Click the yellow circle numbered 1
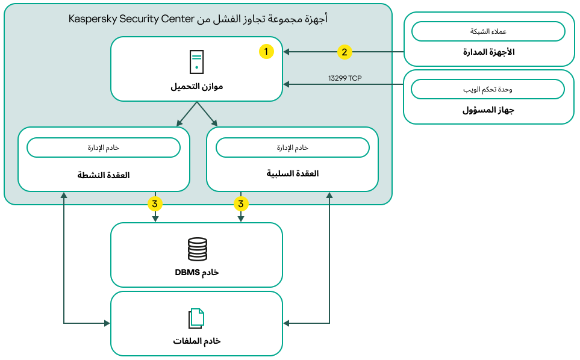266,52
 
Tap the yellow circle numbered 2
344,52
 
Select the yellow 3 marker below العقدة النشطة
155,204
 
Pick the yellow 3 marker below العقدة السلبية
241,204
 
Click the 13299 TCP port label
345,78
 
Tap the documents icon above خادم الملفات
196,318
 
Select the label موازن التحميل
196,87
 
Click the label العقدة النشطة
104,175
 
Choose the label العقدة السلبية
292,173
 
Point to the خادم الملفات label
196,341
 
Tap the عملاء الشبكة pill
488,31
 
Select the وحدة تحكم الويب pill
488,90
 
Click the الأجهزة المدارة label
488,52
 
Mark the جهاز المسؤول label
488,111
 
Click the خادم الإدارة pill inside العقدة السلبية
292,147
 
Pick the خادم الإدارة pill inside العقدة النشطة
104,147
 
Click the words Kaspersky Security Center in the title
131,19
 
